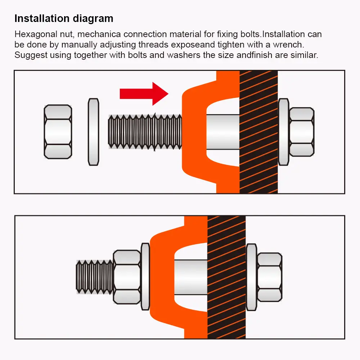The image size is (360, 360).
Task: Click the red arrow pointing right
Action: tap(144, 94)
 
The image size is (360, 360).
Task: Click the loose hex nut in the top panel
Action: tap(58, 132)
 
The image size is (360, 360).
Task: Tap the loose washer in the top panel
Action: tap(94, 132)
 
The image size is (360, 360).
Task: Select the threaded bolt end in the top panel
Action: tap(145, 132)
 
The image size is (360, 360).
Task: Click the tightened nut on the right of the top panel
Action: tap(302, 132)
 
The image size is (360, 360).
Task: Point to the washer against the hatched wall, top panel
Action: tap(284, 132)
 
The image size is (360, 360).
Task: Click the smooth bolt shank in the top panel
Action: tap(223, 132)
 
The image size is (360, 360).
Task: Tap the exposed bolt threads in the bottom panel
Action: tap(95, 277)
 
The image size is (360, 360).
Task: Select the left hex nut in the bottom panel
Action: tap(127, 277)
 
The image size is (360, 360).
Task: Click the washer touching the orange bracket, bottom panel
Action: tap(145, 277)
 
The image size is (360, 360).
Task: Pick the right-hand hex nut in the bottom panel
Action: tap(270, 277)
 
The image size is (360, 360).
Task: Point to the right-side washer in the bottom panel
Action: tap(252, 277)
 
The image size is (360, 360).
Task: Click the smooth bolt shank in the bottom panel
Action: tap(191, 277)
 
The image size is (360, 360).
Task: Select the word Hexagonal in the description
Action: tap(36, 35)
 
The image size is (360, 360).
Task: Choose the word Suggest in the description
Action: tap(31, 55)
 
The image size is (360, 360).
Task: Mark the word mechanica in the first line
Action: tap(99, 34)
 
